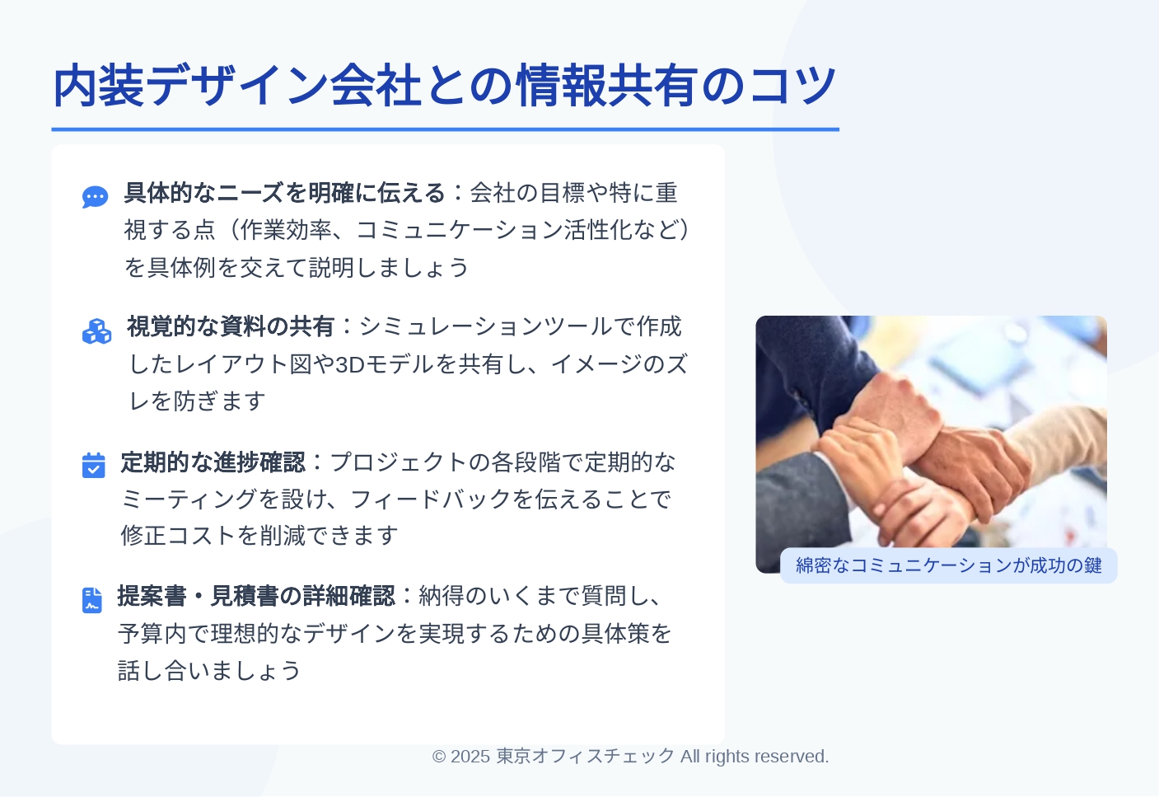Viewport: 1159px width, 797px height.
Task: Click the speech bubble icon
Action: [96, 197]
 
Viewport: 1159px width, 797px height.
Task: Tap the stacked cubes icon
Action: [96, 331]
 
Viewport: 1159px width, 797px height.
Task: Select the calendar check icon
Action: [94, 466]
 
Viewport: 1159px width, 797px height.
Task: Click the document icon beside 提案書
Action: [92, 600]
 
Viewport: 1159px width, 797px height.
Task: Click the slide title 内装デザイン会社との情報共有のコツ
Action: [445, 86]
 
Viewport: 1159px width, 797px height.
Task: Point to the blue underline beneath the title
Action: [446, 129]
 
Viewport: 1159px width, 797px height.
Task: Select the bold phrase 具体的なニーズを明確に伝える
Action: [284, 193]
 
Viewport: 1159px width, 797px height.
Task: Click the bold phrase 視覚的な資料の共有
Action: [231, 326]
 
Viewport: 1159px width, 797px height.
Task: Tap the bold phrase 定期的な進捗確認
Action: [213, 462]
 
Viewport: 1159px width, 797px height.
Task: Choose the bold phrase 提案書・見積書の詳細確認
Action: [256, 596]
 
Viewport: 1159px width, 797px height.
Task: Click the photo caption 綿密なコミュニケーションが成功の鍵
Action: [948, 565]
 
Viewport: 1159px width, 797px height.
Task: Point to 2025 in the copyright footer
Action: [470, 757]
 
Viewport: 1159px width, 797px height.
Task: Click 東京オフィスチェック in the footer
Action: [586, 757]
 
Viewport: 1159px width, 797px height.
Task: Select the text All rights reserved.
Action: [755, 757]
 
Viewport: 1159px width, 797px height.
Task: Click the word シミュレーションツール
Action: [486, 326]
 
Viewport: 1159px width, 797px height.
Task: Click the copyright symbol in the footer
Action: [439, 757]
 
